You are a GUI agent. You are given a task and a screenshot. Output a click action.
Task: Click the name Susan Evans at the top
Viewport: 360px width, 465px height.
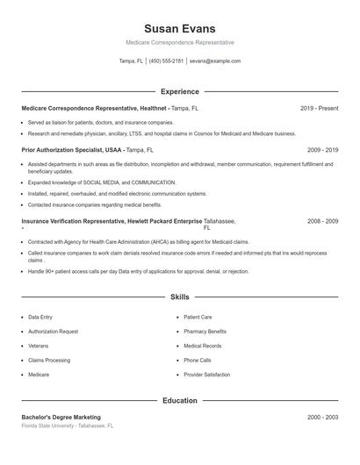[179, 28]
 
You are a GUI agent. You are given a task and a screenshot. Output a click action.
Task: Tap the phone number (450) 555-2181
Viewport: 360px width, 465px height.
[167, 61]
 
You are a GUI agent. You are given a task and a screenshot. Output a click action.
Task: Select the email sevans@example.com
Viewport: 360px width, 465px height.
[214, 61]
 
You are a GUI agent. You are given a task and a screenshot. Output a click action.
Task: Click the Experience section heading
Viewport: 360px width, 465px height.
[179, 91]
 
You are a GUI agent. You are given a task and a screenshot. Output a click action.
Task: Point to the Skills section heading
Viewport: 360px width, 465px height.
[179, 298]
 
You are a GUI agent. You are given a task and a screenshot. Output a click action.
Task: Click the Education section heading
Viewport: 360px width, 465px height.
[179, 401]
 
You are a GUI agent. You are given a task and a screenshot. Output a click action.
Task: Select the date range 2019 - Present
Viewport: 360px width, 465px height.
[319, 108]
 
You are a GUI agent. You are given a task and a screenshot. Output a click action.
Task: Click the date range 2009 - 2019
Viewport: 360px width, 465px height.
[322, 150]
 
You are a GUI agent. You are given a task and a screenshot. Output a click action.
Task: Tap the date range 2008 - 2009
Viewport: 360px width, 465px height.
[322, 222]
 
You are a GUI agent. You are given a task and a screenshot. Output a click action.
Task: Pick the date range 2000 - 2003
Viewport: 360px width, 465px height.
[322, 417]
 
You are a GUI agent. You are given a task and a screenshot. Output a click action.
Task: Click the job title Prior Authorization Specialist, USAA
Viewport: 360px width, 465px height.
[73, 150]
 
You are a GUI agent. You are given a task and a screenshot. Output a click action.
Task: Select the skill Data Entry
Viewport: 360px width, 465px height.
[40, 317]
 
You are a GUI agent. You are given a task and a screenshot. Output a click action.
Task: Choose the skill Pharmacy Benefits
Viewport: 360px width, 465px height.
[205, 332]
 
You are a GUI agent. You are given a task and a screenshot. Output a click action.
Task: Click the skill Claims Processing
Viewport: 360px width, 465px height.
[49, 361]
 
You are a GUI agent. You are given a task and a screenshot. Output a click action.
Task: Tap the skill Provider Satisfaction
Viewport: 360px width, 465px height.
[206, 375]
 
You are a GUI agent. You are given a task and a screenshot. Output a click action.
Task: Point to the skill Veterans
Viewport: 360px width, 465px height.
[39, 346]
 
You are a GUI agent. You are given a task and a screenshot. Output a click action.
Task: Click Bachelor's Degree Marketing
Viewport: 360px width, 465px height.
[61, 417]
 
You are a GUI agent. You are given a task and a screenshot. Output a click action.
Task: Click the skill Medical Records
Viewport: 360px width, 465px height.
[202, 346]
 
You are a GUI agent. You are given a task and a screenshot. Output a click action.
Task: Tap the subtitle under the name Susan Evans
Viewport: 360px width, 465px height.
[179, 42]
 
